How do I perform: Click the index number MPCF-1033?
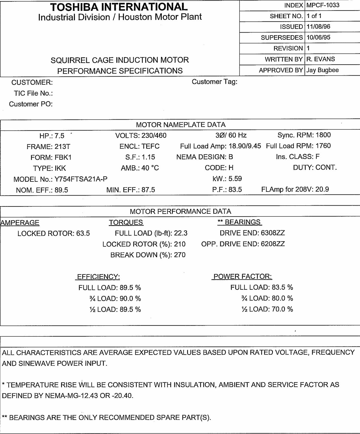click(323, 5)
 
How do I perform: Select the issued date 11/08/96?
click(318, 27)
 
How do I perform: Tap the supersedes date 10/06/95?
click(318, 37)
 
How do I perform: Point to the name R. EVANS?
click(321, 59)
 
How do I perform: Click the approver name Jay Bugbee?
click(323, 70)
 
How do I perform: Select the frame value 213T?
click(62, 147)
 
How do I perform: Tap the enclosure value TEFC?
click(151, 146)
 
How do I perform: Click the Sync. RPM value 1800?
click(323, 135)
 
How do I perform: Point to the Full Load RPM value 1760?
click(323, 146)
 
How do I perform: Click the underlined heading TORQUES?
click(126, 222)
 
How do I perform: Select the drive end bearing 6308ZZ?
click(273, 233)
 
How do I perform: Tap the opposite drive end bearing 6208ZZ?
click(273, 244)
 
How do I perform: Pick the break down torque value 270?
click(180, 255)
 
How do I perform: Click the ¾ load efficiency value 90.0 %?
click(130, 299)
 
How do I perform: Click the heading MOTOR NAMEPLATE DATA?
click(181, 125)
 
